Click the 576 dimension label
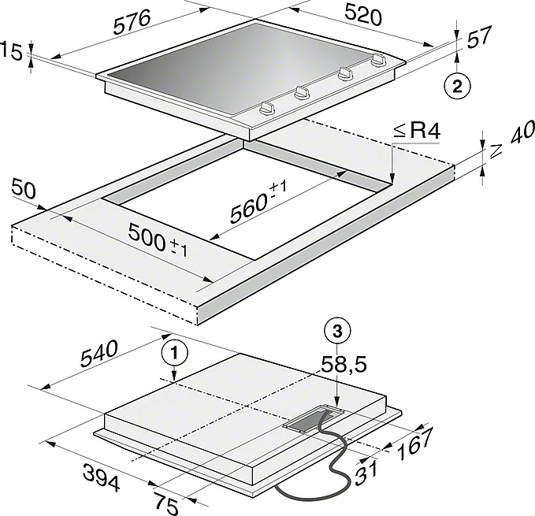[132, 22]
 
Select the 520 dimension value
[363, 15]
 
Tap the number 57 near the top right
[479, 36]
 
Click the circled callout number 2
[457, 86]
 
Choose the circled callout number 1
[175, 353]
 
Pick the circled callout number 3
[337, 331]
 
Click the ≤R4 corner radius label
[417, 132]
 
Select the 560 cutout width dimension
[258, 203]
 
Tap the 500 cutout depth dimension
[158, 239]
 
